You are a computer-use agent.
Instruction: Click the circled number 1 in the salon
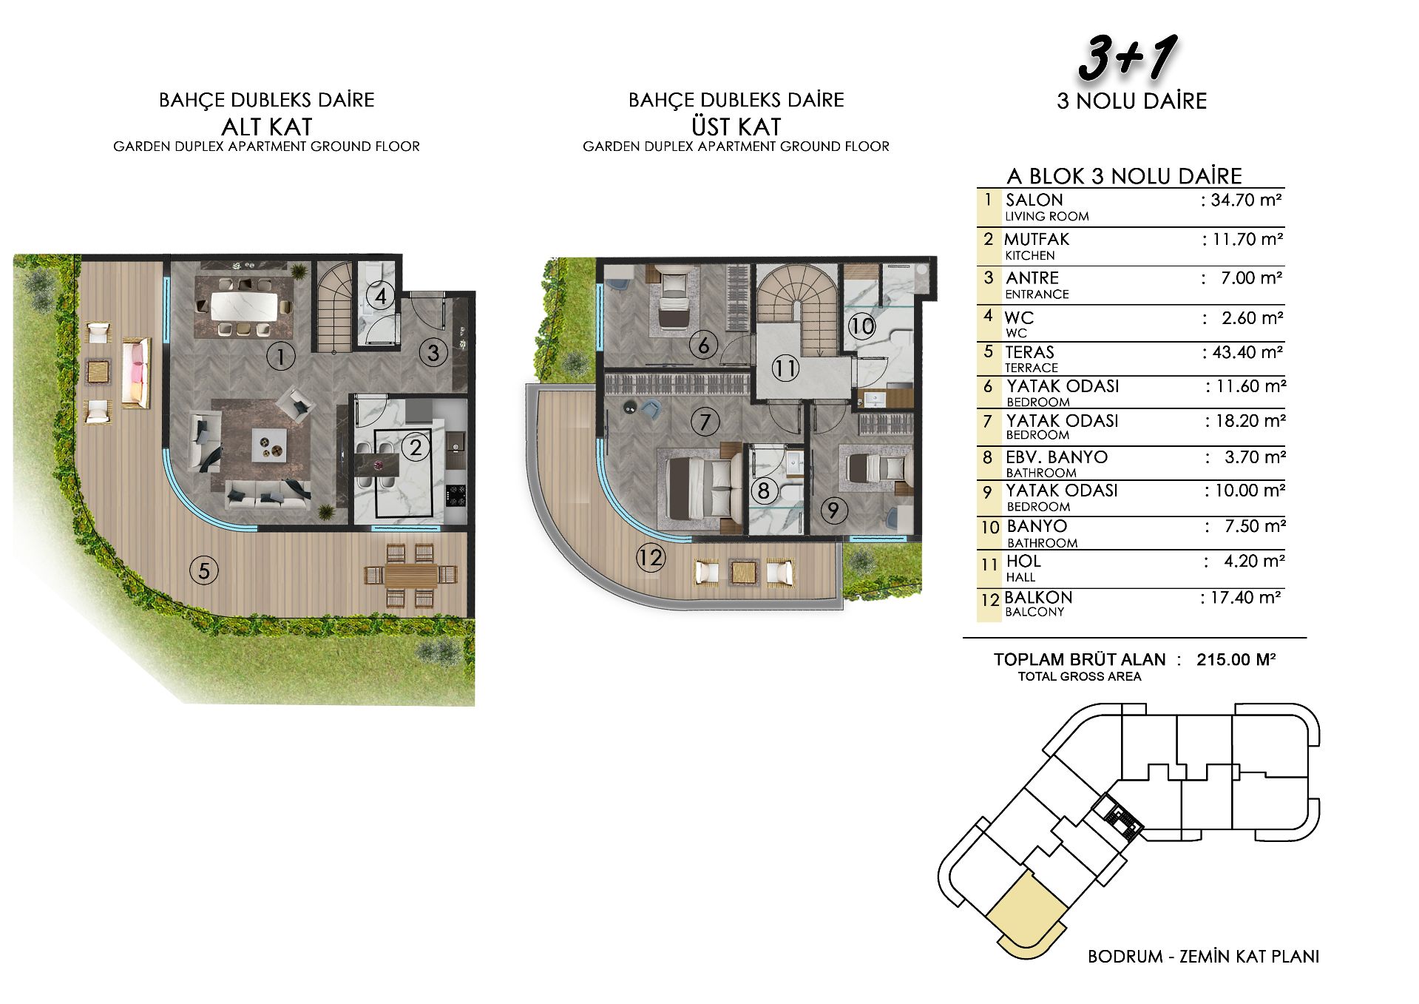tap(280, 357)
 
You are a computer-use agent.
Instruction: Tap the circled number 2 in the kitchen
tap(416, 447)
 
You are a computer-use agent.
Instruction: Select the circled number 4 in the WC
tap(381, 297)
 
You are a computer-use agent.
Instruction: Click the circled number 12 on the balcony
tap(651, 557)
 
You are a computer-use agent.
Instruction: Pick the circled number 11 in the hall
tap(785, 368)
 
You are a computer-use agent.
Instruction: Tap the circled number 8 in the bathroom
tap(763, 490)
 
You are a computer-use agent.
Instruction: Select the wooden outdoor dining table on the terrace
tap(411, 575)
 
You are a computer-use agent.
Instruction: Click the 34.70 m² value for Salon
tap(1244, 200)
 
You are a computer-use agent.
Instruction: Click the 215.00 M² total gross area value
tap(1236, 659)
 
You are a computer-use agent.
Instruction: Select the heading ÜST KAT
tap(736, 127)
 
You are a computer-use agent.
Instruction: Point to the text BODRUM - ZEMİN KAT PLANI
tap(1203, 957)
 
